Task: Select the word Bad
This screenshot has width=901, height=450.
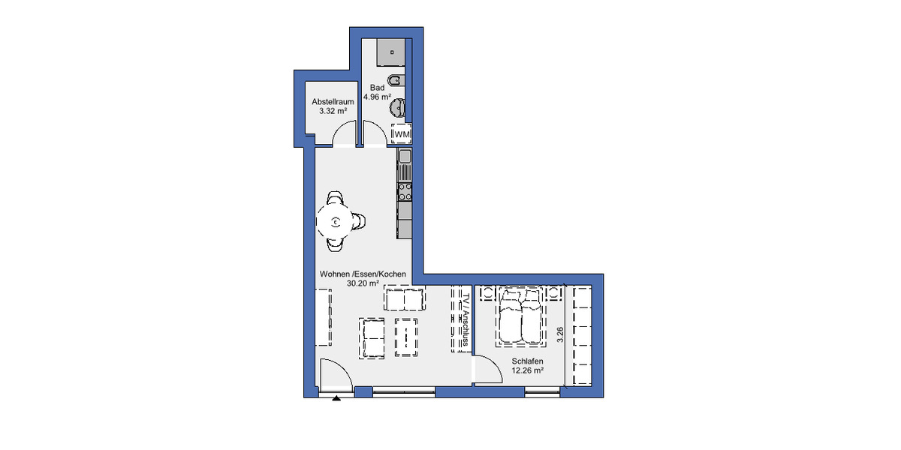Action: click(377, 88)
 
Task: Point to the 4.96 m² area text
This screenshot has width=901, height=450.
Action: click(377, 97)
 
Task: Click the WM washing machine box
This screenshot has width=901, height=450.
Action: click(402, 133)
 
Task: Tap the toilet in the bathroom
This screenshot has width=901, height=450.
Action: click(395, 80)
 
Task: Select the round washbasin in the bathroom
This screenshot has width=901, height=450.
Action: click(396, 109)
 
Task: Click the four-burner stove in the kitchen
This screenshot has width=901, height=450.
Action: click(405, 192)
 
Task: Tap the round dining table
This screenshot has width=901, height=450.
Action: click(336, 221)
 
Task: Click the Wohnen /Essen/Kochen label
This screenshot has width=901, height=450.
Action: click(363, 274)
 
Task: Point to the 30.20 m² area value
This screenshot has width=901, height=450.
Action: click(363, 284)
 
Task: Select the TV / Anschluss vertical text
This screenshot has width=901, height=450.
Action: click(466, 319)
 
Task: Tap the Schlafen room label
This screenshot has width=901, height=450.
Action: click(527, 361)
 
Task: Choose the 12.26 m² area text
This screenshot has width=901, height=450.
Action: click(527, 370)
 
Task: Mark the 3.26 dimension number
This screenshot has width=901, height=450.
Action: click(559, 335)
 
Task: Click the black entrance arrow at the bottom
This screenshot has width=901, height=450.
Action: click(336, 399)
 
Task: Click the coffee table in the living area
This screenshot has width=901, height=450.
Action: click(405, 336)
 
